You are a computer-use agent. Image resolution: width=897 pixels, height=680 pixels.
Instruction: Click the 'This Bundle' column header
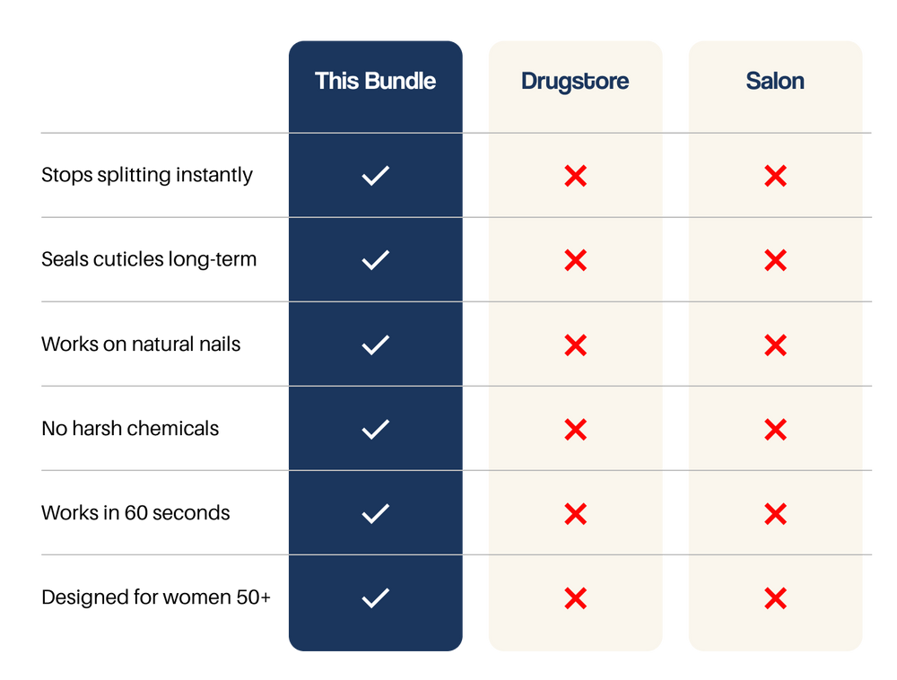point(375,82)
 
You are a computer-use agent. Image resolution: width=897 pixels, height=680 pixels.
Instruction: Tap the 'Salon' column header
point(775,82)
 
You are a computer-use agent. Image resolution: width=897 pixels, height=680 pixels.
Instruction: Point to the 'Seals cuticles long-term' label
point(149,259)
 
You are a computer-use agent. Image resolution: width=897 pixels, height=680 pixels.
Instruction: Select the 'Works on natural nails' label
point(141,344)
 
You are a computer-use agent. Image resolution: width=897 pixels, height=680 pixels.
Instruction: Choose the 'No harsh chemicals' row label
point(130,428)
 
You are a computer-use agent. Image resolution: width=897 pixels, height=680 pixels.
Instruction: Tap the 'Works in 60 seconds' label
point(135,513)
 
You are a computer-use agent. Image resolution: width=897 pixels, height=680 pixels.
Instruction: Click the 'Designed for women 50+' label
point(155,597)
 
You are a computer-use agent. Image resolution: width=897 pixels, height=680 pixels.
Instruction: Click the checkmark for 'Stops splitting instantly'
point(376,176)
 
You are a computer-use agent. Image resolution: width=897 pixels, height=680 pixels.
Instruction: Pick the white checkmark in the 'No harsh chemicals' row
point(376,430)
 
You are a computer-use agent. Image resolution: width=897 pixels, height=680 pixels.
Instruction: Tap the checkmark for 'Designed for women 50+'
point(376,598)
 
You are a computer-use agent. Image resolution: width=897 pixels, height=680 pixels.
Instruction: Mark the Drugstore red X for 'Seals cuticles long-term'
point(576,260)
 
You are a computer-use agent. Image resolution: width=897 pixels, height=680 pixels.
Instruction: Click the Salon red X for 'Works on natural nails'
point(776,344)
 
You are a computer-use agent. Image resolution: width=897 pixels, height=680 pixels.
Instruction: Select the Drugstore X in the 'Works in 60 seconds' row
point(576,513)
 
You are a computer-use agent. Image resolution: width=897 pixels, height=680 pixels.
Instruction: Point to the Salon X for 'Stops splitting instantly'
point(776,176)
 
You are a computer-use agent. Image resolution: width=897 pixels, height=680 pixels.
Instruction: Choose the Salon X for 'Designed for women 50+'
point(776,598)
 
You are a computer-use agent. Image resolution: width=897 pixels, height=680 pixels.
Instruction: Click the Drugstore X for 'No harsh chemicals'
point(576,430)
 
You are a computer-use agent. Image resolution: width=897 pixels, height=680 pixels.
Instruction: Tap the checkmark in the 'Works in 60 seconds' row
point(376,513)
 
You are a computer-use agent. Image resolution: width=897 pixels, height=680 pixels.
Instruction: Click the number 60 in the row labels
point(136,513)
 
